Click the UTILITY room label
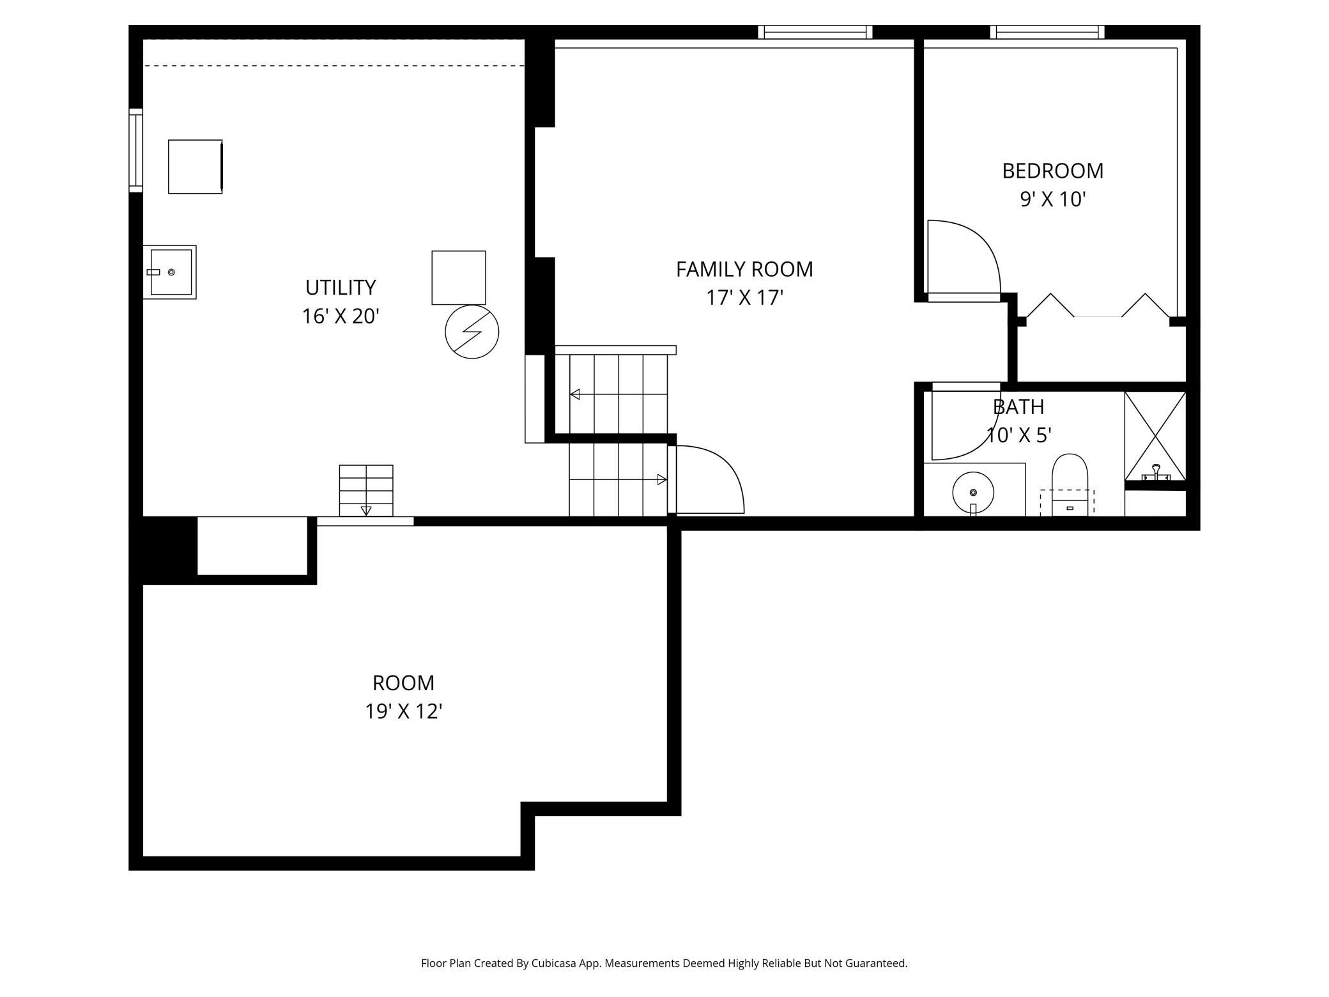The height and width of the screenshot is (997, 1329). pos(340,288)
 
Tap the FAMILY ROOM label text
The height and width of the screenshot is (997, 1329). pos(744,269)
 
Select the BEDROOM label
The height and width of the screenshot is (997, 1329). pos(1052,171)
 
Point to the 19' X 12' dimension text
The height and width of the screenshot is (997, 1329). pos(404,711)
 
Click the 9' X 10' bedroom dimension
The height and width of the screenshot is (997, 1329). pos(1052,199)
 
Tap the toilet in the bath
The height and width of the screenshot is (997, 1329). pos(1070,484)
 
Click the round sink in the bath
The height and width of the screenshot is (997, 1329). pos(973,493)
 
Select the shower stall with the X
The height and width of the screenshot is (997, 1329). pos(1155,436)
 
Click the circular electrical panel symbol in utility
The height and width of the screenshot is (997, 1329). pos(472,332)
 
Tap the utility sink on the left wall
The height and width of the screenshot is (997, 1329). pos(169,272)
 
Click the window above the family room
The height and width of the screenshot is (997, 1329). pos(815,32)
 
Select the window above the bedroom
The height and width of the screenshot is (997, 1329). pos(1047,32)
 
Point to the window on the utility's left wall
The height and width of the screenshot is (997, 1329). pos(135,150)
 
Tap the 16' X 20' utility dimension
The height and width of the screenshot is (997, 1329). pos(341,316)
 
